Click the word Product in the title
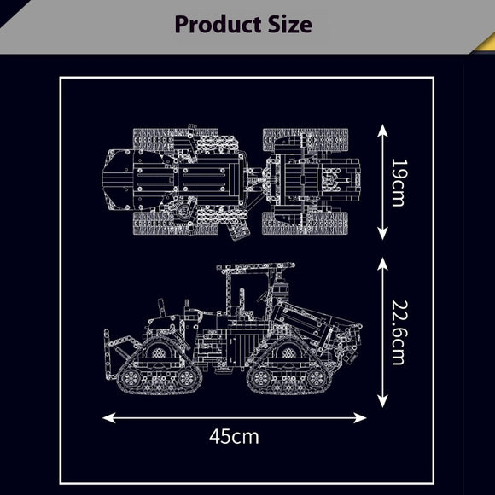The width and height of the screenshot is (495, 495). pos(218,25)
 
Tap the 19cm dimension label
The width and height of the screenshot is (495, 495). pos(399,183)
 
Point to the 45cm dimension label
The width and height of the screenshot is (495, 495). pos(234,437)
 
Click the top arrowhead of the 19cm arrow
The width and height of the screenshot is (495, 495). pos(382,130)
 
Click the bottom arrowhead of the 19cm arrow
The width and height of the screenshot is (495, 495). pos(382,234)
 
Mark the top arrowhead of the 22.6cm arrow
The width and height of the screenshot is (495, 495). pos(382,264)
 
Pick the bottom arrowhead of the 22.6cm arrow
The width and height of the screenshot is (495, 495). pos(382,402)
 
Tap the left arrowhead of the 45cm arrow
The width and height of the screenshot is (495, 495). pos(109,418)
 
